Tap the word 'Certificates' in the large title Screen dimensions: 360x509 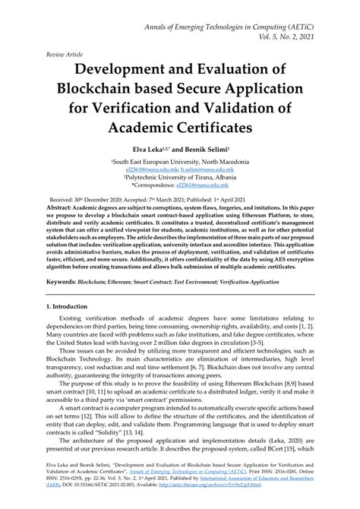232,124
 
